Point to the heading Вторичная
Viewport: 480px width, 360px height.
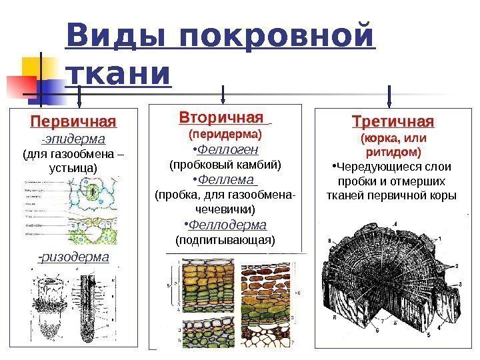221,118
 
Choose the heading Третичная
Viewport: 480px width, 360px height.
393,122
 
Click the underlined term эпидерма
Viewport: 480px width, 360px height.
75,139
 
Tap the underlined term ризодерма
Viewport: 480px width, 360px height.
74,257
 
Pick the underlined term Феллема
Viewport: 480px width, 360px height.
229,181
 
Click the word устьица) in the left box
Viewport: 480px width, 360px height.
73,169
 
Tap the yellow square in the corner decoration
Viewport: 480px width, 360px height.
35,67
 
